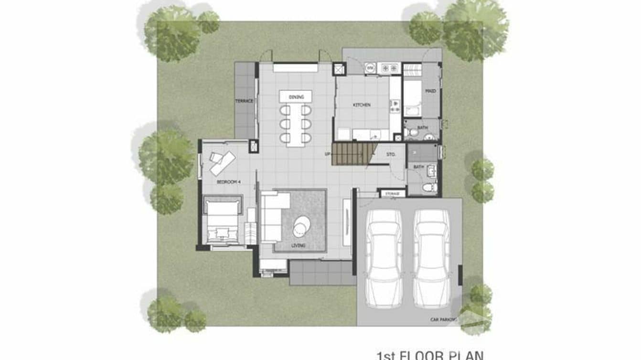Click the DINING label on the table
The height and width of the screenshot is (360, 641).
pos(296,97)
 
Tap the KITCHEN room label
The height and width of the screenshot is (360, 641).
pos(362,105)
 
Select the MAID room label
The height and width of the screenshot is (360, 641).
pos(430,91)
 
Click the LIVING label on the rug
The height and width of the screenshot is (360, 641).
pos(299,246)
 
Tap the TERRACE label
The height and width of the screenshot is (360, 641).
pos(244,101)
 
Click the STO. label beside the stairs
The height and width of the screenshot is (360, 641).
pos(391,154)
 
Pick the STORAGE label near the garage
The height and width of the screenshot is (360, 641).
pos(392,194)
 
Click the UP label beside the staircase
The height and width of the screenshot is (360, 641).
pos(328,154)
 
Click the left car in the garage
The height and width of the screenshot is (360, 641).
pos(383,257)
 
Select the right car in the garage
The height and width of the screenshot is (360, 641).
pos(432,257)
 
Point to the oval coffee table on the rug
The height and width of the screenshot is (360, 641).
pos(301,226)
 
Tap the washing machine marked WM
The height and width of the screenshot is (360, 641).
pos(370,68)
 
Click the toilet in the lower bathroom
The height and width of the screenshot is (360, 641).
pos(429,187)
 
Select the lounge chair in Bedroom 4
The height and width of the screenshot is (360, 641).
pos(222,161)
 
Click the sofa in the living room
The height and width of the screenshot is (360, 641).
pos(272,216)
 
